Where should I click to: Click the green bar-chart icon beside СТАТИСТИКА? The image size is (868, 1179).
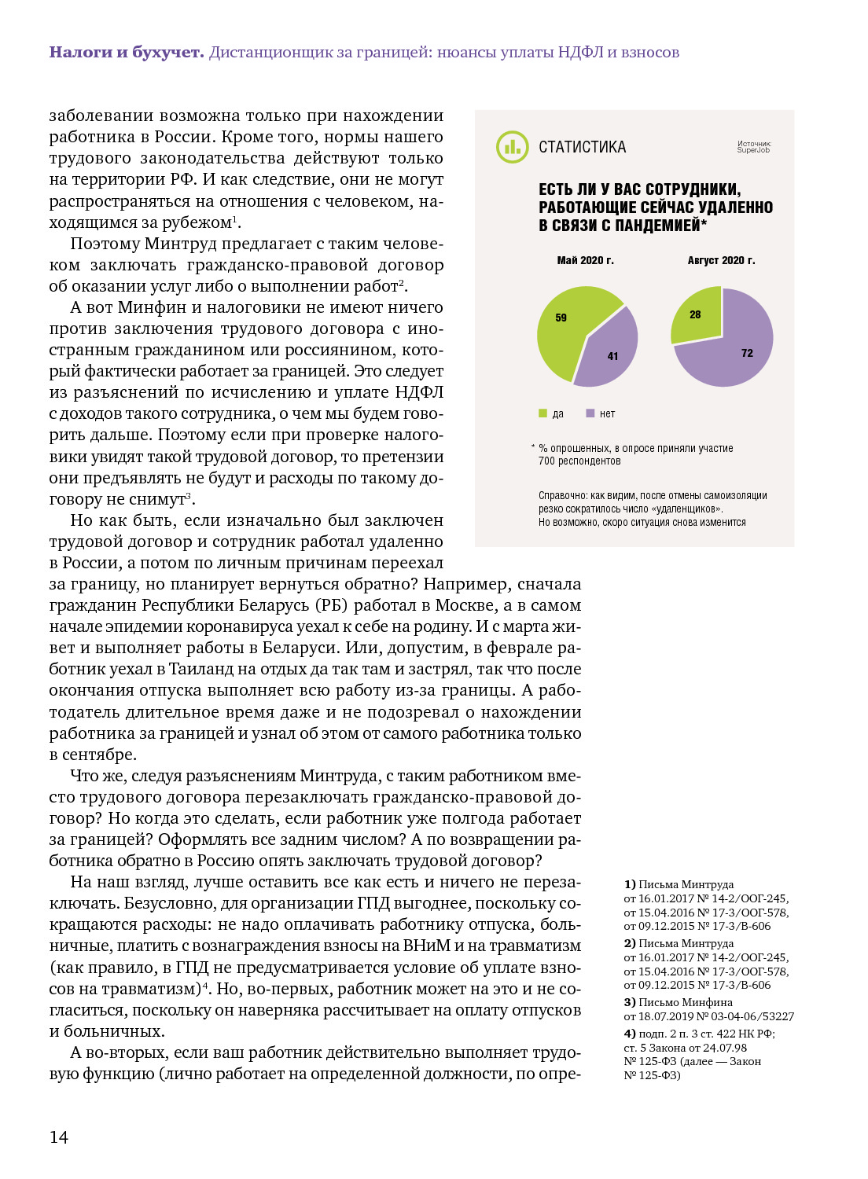click(512, 147)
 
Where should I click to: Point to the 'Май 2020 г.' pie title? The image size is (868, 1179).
click(585, 260)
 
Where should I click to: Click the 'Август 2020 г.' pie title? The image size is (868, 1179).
click(721, 260)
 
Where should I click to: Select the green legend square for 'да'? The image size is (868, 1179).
click(542, 413)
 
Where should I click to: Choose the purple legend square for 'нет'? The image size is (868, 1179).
click(590, 413)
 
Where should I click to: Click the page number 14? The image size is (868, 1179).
click(59, 1137)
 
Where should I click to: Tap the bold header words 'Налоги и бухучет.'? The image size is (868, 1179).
click(126, 53)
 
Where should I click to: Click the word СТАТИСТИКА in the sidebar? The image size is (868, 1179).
click(582, 147)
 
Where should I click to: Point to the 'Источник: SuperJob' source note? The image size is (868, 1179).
click(754, 147)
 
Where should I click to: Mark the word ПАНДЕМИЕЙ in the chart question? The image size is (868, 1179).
click(664, 226)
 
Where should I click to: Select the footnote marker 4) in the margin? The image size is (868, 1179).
click(630, 1034)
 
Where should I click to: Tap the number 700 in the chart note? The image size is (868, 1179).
click(546, 461)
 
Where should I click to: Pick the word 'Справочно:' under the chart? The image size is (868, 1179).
click(563, 496)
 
